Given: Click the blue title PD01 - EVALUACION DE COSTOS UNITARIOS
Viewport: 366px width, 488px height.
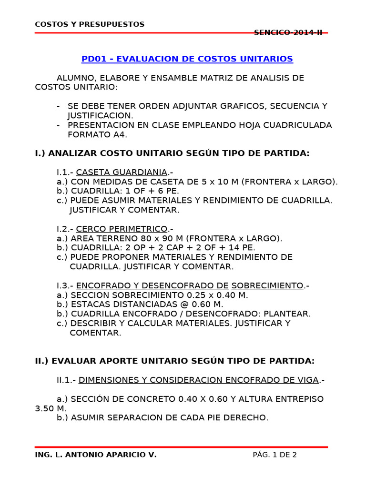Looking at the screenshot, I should click(187, 59).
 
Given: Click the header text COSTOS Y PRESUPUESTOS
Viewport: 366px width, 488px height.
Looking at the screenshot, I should click(90, 24).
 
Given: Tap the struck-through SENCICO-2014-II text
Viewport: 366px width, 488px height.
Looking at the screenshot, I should click(288, 32).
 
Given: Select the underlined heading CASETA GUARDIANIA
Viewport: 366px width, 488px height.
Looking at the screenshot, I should click(122, 172).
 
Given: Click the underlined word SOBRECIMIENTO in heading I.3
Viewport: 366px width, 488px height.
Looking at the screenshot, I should click(267, 285).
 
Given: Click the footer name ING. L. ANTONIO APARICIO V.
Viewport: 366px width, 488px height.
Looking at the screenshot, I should click(96, 455).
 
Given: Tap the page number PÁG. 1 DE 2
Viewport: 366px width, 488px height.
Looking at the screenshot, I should click(274, 455).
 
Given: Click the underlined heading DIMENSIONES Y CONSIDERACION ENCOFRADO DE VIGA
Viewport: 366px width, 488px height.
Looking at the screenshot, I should click(198, 380).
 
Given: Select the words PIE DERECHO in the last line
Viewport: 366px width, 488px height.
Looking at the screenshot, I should click(242, 418).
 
